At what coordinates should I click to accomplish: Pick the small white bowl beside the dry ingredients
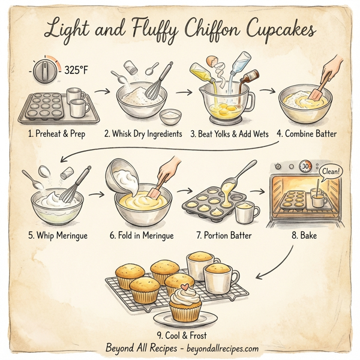coord(171,113)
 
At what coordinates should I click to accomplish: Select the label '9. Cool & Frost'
coord(180,335)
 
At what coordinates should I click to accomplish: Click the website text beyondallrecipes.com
coord(223,348)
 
